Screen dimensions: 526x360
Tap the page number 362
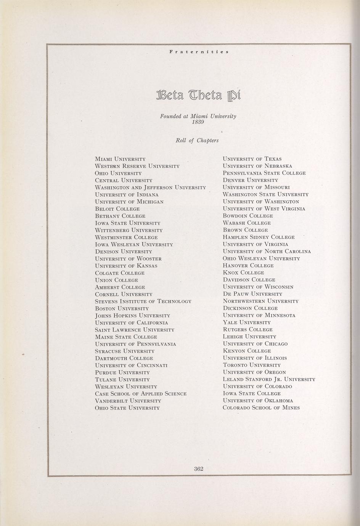point(198,469)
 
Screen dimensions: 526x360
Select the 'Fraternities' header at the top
point(199,51)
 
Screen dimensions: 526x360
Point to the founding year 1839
point(198,122)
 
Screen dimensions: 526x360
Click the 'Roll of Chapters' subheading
point(197,141)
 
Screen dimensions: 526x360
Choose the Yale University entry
point(246,322)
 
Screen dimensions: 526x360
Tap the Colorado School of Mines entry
point(261,408)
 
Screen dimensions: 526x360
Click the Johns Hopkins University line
point(132,316)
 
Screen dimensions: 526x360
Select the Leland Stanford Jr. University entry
point(269,379)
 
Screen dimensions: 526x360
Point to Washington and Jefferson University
point(150,188)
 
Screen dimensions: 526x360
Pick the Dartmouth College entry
point(124,358)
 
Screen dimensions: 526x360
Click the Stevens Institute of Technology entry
point(143,301)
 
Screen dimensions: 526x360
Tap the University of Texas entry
point(252,159)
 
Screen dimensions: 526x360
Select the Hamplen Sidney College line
point(259,237)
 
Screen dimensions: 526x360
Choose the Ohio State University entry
point(127,408)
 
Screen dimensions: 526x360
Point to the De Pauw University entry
point(252,294)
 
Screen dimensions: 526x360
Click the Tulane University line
point(122,380)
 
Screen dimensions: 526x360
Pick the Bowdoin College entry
point(247,216)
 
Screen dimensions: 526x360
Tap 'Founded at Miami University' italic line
point(198,116)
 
